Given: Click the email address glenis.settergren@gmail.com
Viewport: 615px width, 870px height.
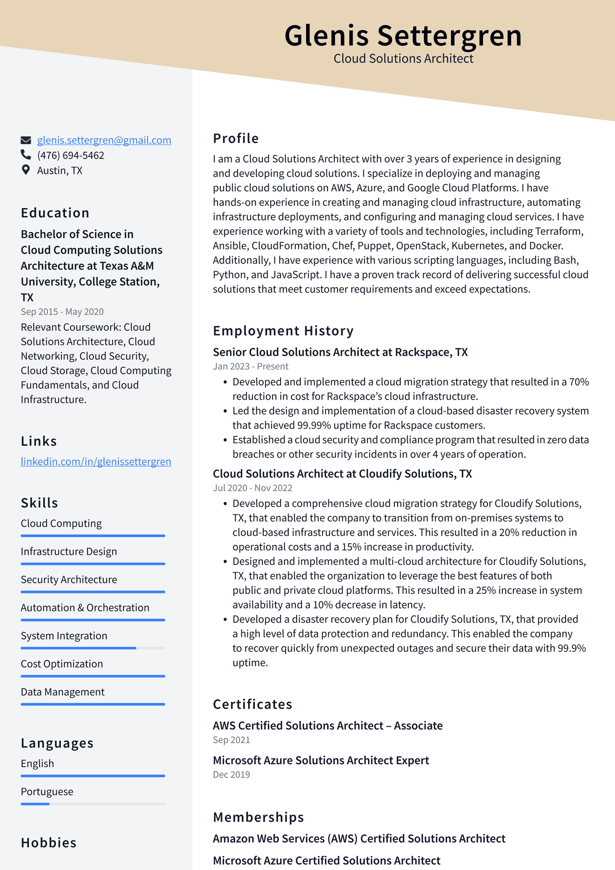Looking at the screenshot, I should (104, 140).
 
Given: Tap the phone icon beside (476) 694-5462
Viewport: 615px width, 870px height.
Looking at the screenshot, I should (26, 155).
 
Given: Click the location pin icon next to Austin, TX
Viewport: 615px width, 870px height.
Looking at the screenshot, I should (26, 170).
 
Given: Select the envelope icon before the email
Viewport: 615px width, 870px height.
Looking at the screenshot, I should (26, 140).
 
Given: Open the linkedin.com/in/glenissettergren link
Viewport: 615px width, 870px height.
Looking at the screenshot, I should (96, 461).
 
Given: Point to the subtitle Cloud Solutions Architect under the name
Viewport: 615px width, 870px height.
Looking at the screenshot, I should (403, 59).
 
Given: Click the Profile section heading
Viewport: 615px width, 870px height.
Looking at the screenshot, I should (235, 138).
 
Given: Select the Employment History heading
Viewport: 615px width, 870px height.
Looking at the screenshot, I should (283, 331).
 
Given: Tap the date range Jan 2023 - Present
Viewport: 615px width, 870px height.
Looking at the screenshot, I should (250, 366).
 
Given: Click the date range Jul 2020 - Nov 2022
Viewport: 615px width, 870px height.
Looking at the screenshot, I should (253, 488).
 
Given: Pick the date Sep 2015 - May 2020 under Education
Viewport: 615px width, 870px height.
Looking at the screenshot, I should (62, 312).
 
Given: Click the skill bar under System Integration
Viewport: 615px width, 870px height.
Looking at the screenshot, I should (93, 648).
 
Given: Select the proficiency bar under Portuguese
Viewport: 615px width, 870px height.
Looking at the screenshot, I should (93, 804).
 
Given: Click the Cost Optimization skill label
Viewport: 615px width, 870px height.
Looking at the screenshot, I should (62, 664).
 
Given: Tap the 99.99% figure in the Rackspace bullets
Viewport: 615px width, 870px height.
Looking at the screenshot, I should (314, 425).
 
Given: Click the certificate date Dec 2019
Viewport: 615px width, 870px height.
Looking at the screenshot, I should (231, 774).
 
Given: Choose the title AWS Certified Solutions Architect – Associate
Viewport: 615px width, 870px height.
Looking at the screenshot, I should (328, 725).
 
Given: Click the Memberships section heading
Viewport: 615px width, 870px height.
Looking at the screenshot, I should (258, 817).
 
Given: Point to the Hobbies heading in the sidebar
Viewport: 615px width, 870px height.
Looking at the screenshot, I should (49, 843).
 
